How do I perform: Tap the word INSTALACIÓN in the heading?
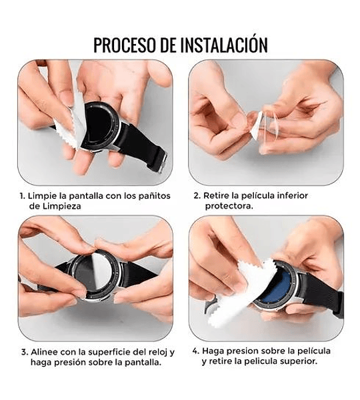tap(224, 44)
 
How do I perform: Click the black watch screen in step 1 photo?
tap(98, 125)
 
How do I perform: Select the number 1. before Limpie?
tap(23, 196)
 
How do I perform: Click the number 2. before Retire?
tap(197, 195)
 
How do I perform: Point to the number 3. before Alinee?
tap(25, 352)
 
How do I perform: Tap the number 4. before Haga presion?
tap(196, 351)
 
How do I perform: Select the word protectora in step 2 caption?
tap(229, 206)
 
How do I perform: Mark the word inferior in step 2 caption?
tap(293, 195)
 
